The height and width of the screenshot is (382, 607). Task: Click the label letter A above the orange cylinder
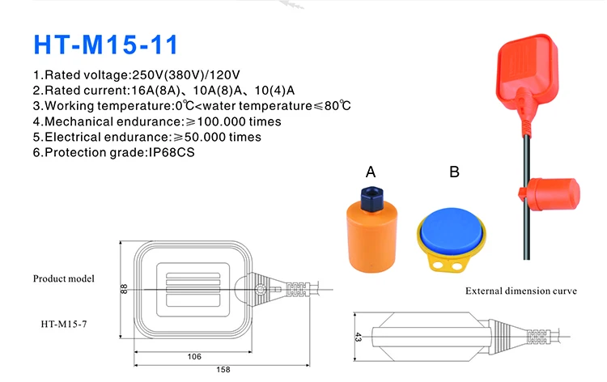(371, 172)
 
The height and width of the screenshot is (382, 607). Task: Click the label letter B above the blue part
(454, 172)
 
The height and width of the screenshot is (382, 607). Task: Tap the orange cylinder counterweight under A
(371, 239)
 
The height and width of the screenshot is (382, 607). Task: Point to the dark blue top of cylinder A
(371, 197)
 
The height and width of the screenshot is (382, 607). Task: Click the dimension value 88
(125, 288)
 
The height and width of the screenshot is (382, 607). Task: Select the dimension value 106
(193, 356)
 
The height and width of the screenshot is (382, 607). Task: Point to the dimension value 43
(357, 336)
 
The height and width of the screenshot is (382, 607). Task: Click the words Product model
(63, 278)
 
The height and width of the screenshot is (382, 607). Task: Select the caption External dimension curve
(520, 291)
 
